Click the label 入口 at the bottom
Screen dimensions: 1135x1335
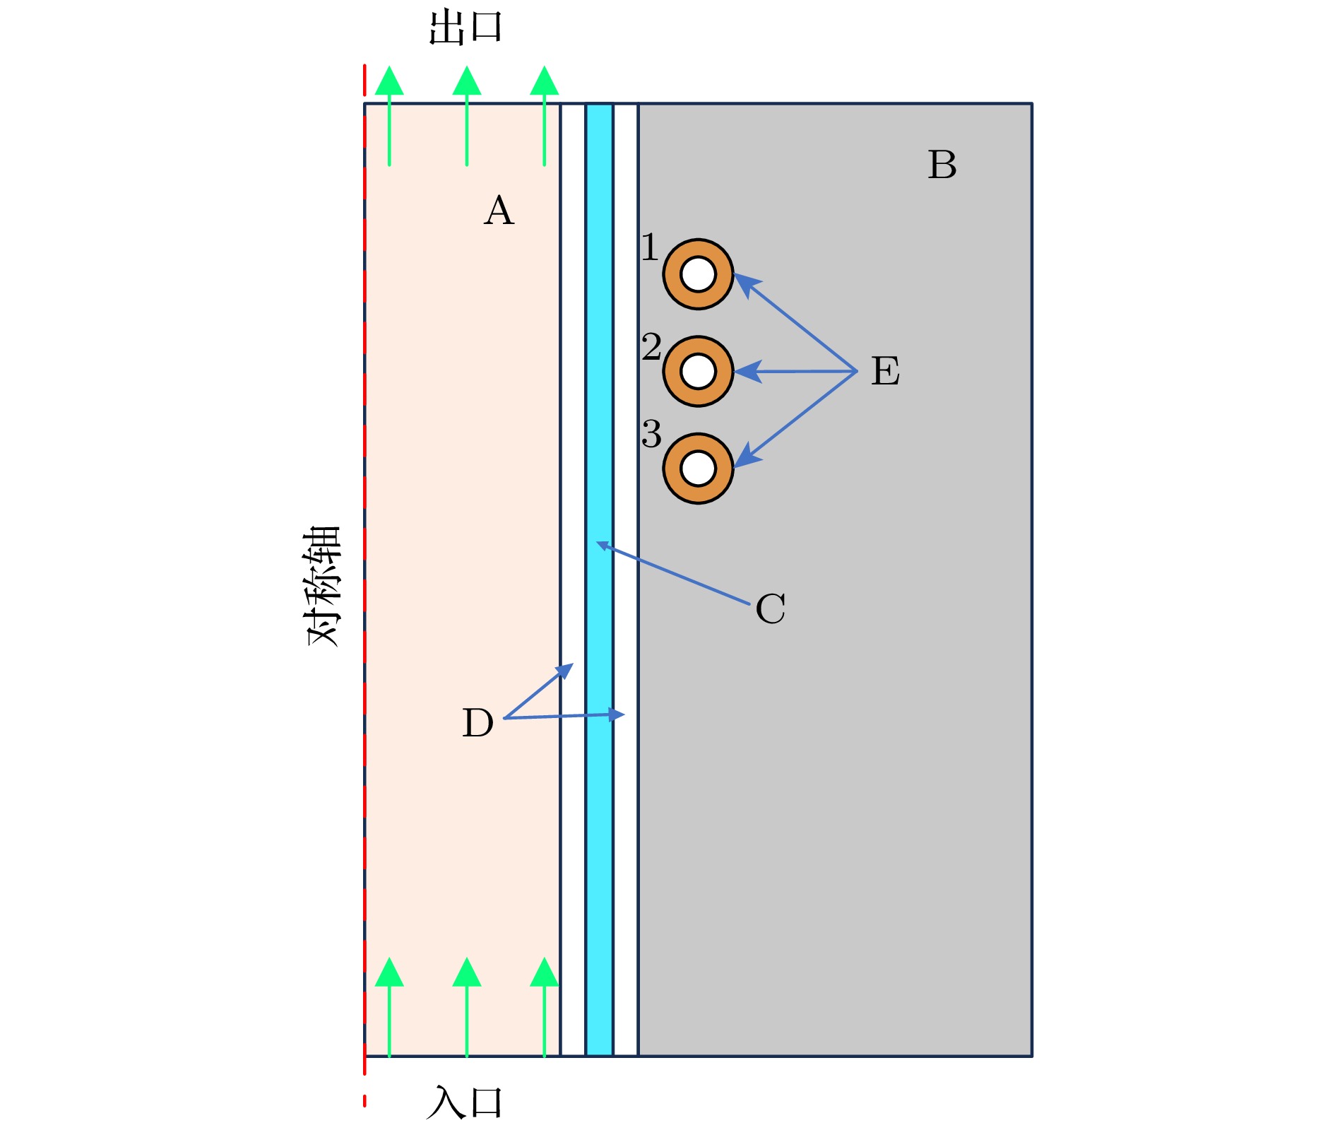465,1102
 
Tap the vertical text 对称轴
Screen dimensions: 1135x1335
324,586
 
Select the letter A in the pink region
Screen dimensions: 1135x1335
499,211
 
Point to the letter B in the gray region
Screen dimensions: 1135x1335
942,165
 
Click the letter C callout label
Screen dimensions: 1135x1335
770,608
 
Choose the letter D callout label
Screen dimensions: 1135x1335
477,723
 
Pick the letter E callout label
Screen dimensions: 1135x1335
885,371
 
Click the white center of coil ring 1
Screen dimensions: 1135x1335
699,274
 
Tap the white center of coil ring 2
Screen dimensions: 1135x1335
699,371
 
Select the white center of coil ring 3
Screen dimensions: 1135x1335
699,469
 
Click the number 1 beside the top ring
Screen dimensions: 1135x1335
650,248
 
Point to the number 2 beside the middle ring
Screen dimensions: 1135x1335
651,346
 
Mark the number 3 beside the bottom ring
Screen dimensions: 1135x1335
651,433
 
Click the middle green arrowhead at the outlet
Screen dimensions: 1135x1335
467,81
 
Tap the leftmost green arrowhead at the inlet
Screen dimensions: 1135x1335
389,972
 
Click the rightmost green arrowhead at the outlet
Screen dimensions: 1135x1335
544,81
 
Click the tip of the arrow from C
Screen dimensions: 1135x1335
599,543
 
